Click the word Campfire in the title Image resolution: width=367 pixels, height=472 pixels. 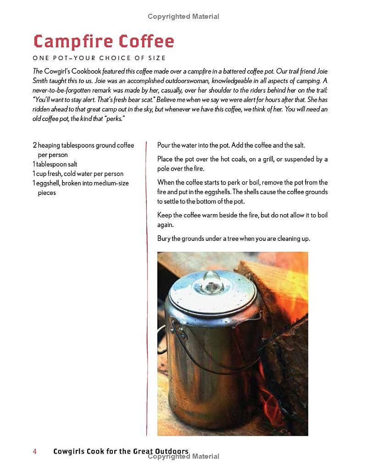pyautogui.click(x=73, y=42)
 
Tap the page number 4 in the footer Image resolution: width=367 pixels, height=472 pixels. pyautogui.click(x=34, y=451)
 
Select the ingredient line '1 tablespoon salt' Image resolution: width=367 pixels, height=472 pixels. pyautogui.click(x=55, y=164)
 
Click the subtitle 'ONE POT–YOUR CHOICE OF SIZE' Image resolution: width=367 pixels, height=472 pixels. pyautogui.click(x=99, y=58)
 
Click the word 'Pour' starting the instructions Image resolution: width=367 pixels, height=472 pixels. pyautogui.click(x=164, y=145)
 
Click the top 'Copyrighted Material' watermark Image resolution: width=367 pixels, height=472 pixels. pyautogui.click(x=183, y=17)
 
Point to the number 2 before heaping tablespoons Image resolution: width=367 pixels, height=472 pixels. pyautogui.click(x=34, y=145)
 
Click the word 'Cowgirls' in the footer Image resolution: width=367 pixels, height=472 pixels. pyautogui.click(x=70, y=451)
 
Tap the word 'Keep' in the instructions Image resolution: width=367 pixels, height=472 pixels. pyautogui.click(x=164, y=215)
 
